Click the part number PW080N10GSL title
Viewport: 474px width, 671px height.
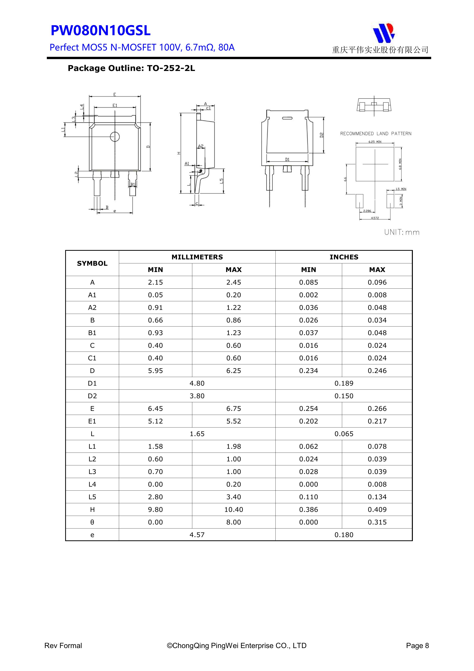pos(101,31)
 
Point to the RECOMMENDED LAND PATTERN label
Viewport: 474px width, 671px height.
pos(376,134)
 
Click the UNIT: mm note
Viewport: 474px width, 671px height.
pos(402,232)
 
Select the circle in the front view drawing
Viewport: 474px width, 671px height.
pos(115,136)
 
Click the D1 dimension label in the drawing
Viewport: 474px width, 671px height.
pos(287,160)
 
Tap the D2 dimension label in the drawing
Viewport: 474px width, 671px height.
pos(321,135)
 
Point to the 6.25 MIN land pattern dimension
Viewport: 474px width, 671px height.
pos(375,142)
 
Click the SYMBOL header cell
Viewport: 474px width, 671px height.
pos(92,263)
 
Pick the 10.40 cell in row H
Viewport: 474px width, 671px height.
pos(234,509)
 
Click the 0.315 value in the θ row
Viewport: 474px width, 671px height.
pos(377,522)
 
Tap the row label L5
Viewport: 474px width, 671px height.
pos(92,497)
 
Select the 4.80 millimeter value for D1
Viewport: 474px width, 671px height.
pos(197,383)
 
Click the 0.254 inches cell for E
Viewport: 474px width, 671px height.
pos(308,409)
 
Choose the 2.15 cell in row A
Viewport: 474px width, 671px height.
pos(155,282)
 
